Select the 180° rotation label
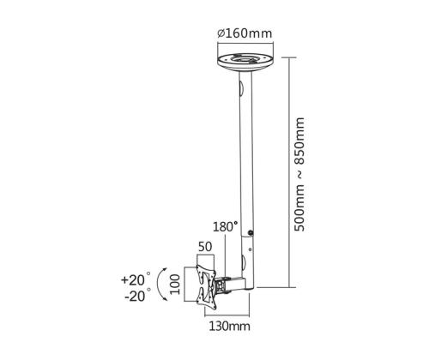[225, 226]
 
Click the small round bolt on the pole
[251, 233]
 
